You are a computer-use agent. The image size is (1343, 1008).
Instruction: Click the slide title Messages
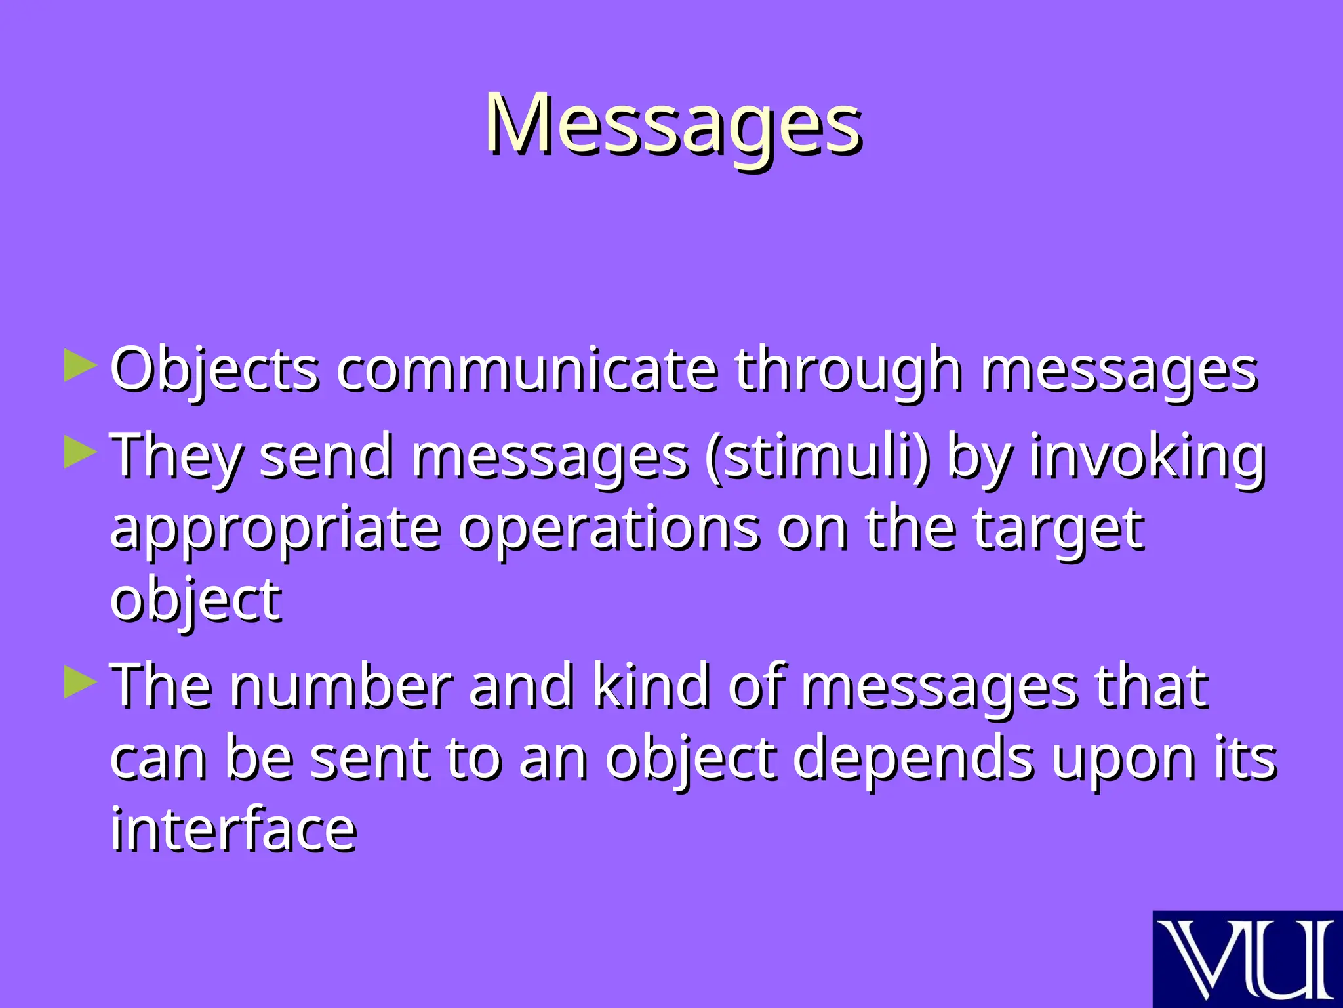coord(673,125)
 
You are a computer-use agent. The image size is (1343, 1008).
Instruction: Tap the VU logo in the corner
coord(1247,959)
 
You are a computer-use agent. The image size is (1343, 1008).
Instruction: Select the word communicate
coord(527,369)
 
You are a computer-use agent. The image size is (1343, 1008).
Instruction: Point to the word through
coord(848,369)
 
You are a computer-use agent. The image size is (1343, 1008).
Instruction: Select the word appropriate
coord(275,529)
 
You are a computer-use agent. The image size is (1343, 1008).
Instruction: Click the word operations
coord(609,529)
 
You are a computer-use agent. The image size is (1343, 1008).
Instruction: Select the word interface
coord(233,829)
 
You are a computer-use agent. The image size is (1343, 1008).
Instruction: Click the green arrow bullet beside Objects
coord(80,366)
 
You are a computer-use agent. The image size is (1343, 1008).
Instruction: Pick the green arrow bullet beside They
coord(80,452)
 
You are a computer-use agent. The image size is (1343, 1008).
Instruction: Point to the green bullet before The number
coord(80,682)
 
